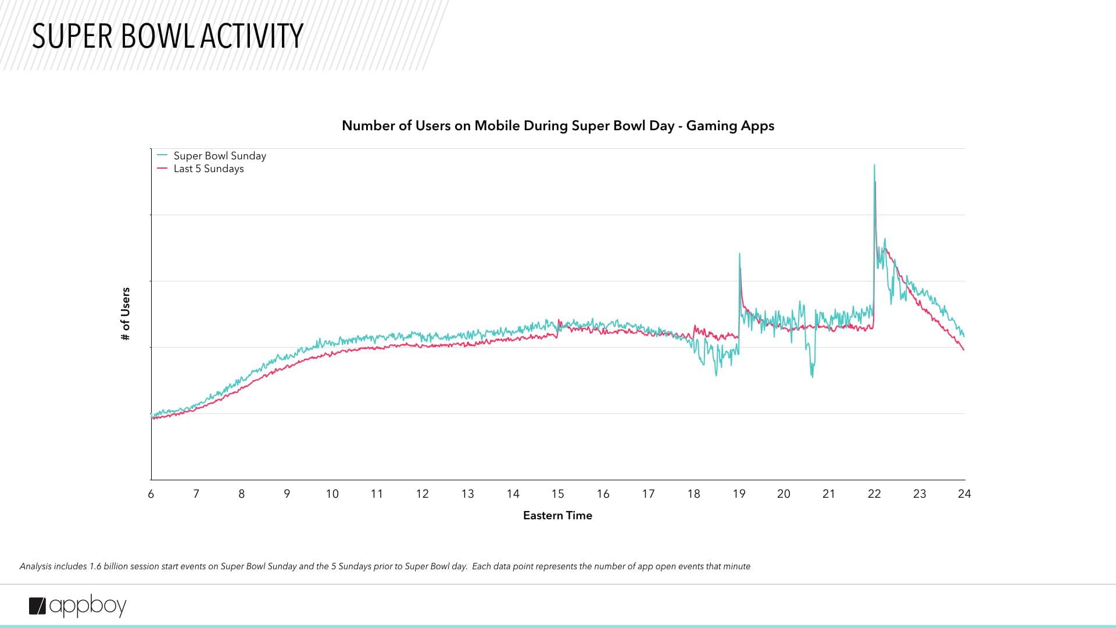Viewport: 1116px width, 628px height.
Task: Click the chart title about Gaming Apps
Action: point(557,126)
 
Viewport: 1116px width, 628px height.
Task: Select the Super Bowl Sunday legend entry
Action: point(219,156)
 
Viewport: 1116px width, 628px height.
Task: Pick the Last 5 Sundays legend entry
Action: point(208,169)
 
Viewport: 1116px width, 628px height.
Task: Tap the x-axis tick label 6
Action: point(151,494)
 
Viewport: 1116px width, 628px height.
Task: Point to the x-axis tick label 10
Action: point(332,494)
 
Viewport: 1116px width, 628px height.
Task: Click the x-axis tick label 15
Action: point(557,494)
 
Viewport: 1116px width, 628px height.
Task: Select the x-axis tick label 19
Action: point(739,494)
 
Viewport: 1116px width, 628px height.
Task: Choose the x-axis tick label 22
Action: point(874,494)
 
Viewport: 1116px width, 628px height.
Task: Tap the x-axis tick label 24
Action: point(964,494)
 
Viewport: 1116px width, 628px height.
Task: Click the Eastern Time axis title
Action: point(557,515)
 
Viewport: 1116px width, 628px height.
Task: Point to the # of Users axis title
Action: point(126,314)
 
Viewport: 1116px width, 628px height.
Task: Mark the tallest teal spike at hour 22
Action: point(874,166)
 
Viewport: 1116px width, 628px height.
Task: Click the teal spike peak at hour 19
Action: point(739,254)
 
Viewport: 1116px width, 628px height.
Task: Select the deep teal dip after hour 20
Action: point(812,376)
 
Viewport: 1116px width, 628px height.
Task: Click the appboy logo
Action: point(78,606)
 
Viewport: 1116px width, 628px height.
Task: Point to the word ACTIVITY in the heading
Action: point(252,36)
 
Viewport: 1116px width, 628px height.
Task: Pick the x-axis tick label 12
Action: point(422,494)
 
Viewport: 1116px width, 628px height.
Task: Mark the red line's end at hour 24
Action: point(964,349)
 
